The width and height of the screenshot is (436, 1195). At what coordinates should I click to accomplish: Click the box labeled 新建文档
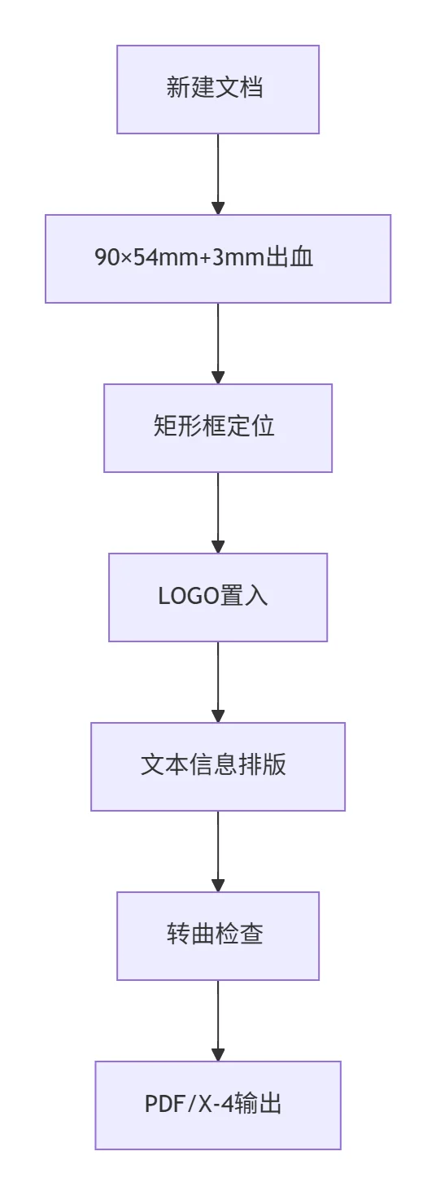coord(218,90)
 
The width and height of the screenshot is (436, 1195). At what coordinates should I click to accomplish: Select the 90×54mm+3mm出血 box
coord(218,259)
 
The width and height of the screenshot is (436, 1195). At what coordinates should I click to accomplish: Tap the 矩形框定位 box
coord(218,428)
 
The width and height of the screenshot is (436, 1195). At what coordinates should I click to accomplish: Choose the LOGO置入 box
coord(218,597)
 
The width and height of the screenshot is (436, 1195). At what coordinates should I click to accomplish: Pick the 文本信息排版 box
coord(218,767)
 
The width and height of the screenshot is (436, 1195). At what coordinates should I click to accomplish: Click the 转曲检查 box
coord(218,935)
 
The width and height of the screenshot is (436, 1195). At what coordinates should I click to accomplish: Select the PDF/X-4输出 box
coord(218,1105)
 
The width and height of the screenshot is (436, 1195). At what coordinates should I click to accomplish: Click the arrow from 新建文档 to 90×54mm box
coord(218,174)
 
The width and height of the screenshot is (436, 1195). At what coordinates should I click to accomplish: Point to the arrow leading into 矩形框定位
coord(218,344)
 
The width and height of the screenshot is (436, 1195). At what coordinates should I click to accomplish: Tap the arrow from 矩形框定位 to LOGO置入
coord(218,513)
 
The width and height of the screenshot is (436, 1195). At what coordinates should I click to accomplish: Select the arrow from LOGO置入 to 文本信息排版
coord(218,682)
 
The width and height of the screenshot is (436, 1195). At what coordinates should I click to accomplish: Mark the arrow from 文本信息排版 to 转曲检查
coord(218,851)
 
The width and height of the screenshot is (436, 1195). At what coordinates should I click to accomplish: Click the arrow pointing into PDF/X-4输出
coord(218,1021)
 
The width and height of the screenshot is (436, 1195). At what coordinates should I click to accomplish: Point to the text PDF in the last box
coord(165,1104)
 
